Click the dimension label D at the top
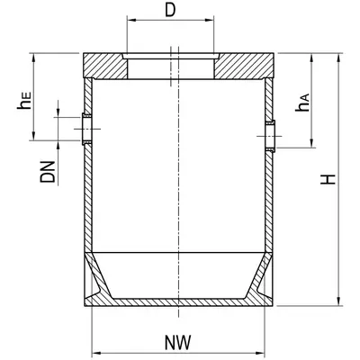[170, 11]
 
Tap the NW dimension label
[178, 342]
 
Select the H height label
[328, 179]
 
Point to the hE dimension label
[24, 101]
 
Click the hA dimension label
[302, 103]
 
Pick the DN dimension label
[48, 172]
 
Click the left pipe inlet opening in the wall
[87, 129]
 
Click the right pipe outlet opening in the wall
[270, 136]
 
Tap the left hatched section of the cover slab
[105, 66]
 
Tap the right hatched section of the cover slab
[244, 66]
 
